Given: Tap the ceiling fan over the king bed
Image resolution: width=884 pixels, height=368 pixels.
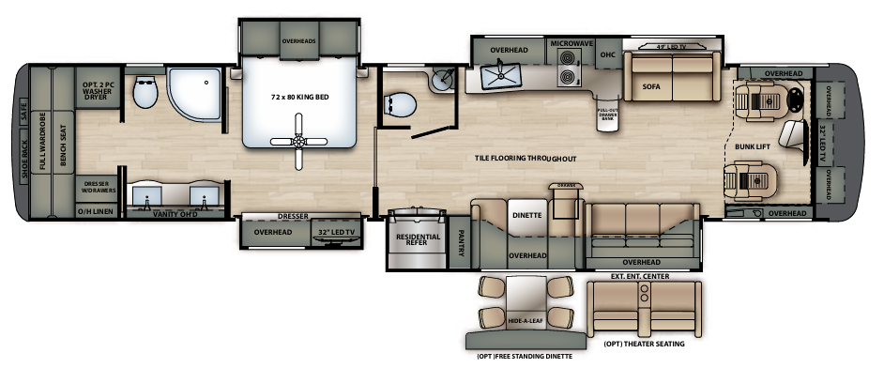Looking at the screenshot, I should pos(298,141).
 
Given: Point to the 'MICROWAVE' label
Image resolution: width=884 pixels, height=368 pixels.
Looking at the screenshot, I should pos(572,43).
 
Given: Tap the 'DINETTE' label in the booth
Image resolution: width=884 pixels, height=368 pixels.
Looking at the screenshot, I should pos(527,215).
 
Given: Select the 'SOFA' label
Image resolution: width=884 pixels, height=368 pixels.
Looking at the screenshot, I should pos(652,85).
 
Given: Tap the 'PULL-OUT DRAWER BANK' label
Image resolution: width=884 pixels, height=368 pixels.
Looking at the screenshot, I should pos(607,115).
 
